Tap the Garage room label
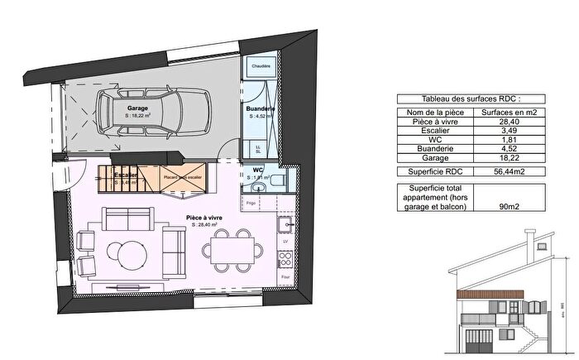point(138,108)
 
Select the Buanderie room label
point(260,109)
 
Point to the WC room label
point(257,170)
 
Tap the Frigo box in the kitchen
point(252,201)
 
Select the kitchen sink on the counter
point(285,224)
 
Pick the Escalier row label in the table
point(434,130)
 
